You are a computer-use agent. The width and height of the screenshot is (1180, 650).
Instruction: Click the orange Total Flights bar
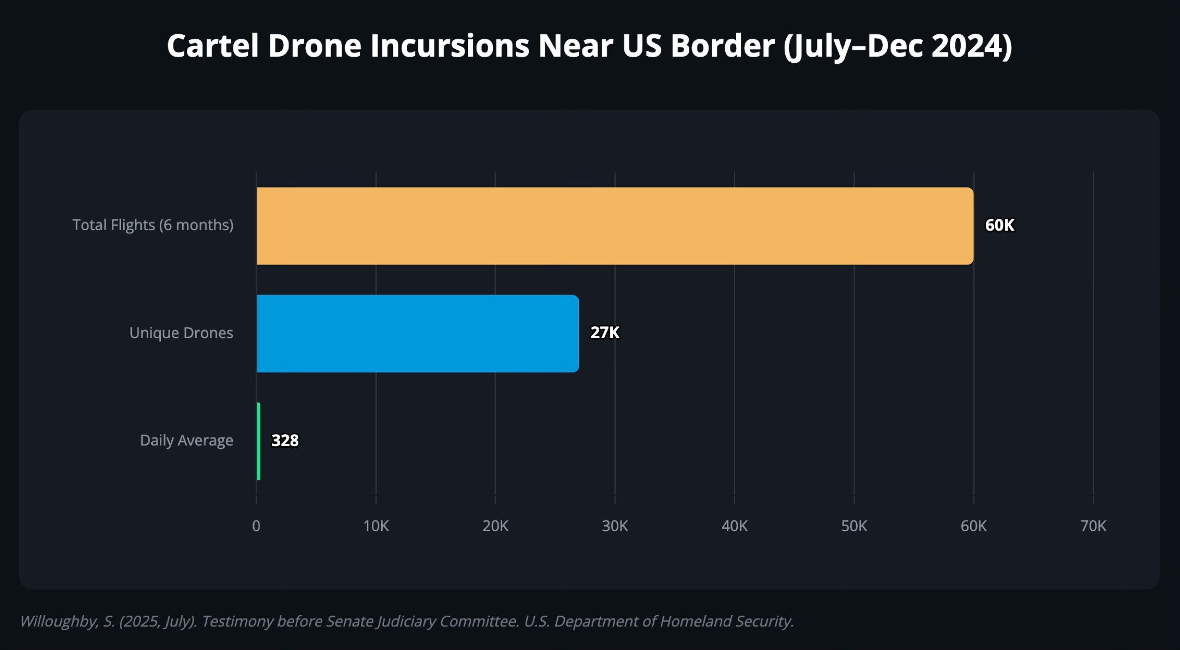tap(615, 226)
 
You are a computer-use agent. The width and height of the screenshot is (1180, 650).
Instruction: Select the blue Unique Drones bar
tap(417, 333)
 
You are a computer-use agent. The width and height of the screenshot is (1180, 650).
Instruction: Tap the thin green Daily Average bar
tap(258, 441)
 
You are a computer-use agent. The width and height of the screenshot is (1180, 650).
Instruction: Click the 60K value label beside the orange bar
tap(1000, 225)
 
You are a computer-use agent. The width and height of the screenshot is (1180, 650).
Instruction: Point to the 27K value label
tap(605, 333)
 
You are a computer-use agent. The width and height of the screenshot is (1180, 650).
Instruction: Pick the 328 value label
tap(285, 441)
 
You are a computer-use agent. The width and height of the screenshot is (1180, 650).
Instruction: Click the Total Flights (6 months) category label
tap(153, 225)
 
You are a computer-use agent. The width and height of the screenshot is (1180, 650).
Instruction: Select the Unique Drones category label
tap(181, 333)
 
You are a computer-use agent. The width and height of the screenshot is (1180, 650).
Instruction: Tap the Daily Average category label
tap(186, 440)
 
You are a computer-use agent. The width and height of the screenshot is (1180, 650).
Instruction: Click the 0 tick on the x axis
tap(256, 526)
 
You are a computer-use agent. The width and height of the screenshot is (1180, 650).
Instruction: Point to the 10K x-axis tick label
tap(376, 526)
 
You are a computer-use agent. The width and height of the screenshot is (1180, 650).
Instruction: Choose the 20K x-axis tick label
tap(495, 526)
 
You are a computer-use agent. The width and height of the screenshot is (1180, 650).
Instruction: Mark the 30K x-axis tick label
tap(615, 526)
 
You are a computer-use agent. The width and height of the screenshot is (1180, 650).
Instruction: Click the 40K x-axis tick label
tap(735, 526)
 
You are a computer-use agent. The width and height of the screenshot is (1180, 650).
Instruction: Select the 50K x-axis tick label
tap(854, 526)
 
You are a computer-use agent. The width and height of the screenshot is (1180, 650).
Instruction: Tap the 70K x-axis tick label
tap(1093, 526)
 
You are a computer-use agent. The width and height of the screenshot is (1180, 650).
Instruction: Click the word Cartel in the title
tap(213, 46)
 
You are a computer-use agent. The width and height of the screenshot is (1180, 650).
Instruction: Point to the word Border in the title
tap(723, 46)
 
